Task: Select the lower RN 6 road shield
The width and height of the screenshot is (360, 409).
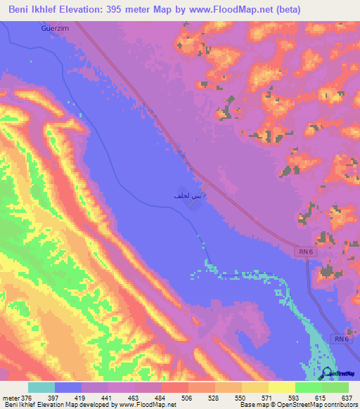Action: coord(341,339)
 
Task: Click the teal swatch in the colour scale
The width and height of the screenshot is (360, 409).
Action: coord(41,387)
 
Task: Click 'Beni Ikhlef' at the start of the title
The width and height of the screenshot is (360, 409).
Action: coord(32,10)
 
